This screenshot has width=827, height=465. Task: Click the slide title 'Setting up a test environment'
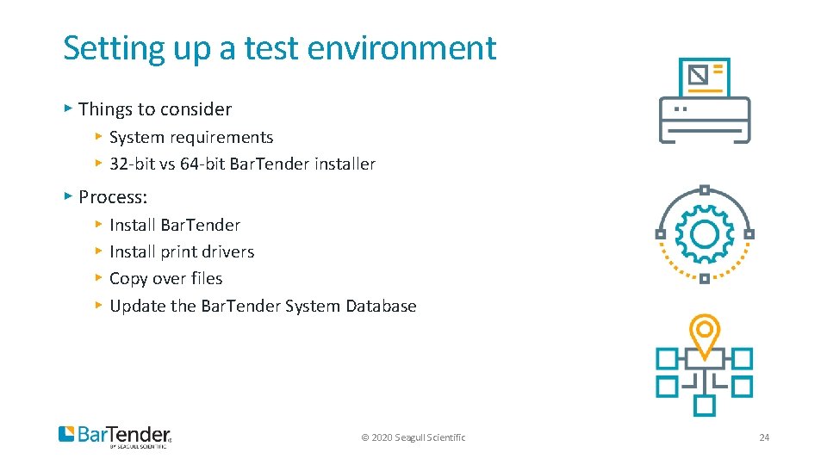point(280,48)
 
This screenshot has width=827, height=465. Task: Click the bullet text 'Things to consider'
point(155,109)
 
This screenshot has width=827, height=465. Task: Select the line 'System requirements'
point(191,137)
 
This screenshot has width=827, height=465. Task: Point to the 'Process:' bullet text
point(113,196)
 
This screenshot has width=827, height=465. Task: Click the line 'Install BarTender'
point(175,225)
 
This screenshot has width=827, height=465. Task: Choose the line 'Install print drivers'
point(182,251)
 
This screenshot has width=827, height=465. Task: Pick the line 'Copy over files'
point(166,278)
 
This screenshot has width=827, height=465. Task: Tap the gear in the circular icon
point(704,234)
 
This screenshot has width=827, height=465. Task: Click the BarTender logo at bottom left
point(115,436)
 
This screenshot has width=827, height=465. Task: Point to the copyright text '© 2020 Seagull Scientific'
point(413,437)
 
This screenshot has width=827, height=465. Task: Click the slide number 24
point(764,437)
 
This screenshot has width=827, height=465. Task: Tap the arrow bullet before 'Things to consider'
point(68,108)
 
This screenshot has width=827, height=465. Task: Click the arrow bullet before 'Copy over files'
point(99,278)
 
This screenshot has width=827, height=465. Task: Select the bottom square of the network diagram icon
point(705,405)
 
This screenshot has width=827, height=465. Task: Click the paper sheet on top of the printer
point(704,77)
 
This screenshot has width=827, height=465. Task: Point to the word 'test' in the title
point(271,48)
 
